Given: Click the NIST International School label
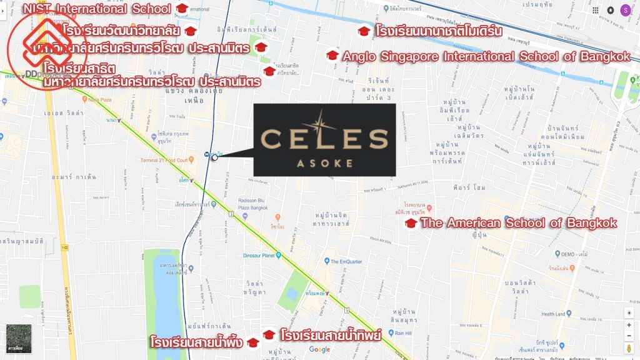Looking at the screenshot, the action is tap(96, 9).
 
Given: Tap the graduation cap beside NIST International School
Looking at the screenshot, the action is tap(182, 9).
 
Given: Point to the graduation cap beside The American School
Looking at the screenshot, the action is tap(411, 223).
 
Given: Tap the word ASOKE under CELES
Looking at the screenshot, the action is tap(324, 164).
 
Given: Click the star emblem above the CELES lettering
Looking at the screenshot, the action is tap(324, 118).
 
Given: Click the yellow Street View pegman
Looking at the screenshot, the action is tap(629, 347).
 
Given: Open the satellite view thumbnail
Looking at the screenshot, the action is tap(18, 339).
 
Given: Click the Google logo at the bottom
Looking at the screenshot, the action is tap(319, 349).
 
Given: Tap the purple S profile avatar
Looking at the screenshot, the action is tap(626, 10).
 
